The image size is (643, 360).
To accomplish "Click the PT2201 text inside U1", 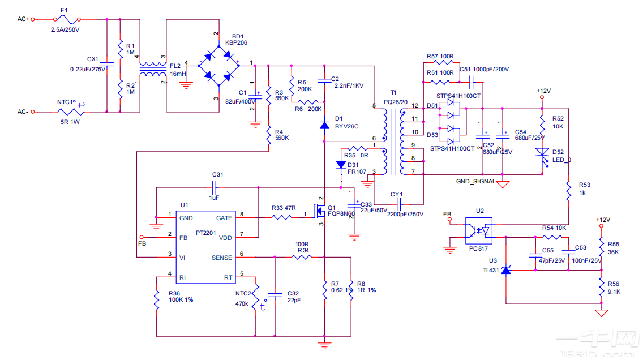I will (206, 233).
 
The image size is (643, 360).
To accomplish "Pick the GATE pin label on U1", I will (224, 218).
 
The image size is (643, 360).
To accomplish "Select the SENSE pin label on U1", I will (222, 258).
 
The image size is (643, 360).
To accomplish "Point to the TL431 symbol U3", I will (506, 271).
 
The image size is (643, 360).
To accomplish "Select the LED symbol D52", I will (542, 152).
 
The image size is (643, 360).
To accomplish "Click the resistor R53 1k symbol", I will (568, 191).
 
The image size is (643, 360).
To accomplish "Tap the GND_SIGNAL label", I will (475, 182).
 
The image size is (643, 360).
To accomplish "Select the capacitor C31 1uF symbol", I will (215, 186).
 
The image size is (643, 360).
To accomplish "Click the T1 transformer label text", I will (393, 92).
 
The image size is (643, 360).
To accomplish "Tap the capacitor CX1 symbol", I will (107, 63).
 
